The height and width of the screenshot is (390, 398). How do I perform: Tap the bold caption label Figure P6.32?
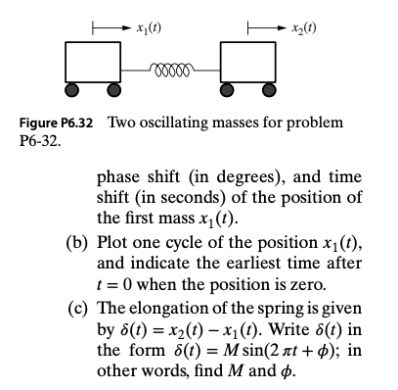coord(58,122)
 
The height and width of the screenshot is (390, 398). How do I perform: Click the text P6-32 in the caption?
coord(35,140)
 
